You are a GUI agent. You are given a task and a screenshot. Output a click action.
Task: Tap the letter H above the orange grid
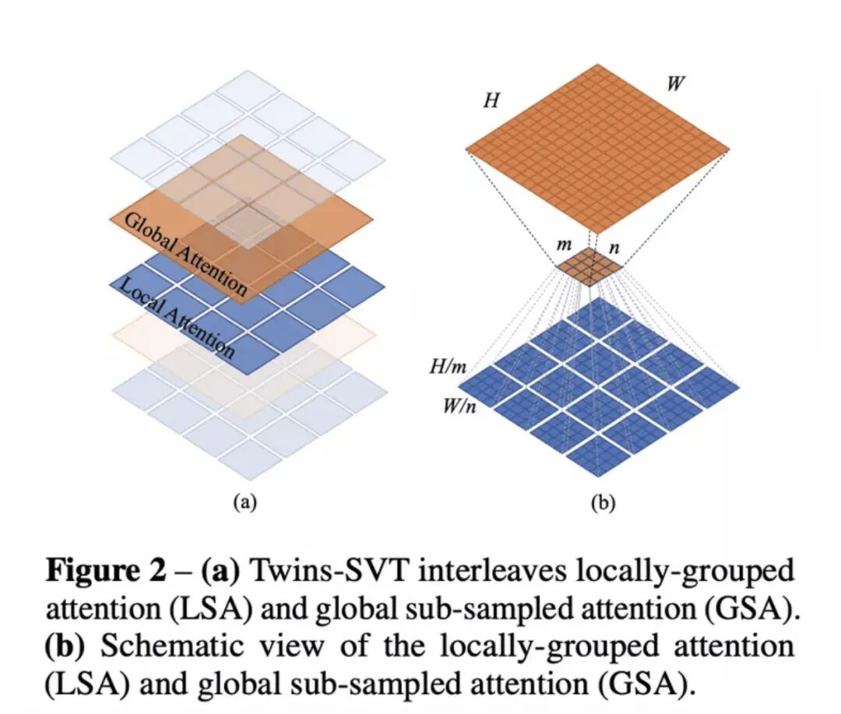pyautogui.click(x=491, y=100)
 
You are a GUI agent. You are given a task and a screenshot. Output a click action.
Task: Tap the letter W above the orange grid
pyautogui.click(x=676, y=83)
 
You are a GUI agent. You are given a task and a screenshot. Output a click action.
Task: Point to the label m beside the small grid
pyautogui.click(x=564, y=244)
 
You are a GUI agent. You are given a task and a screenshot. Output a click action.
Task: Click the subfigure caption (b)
pyautogui.click(x=602, y=502)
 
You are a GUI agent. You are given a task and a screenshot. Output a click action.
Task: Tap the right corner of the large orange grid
pyautogui.click(x=729, y=148)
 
